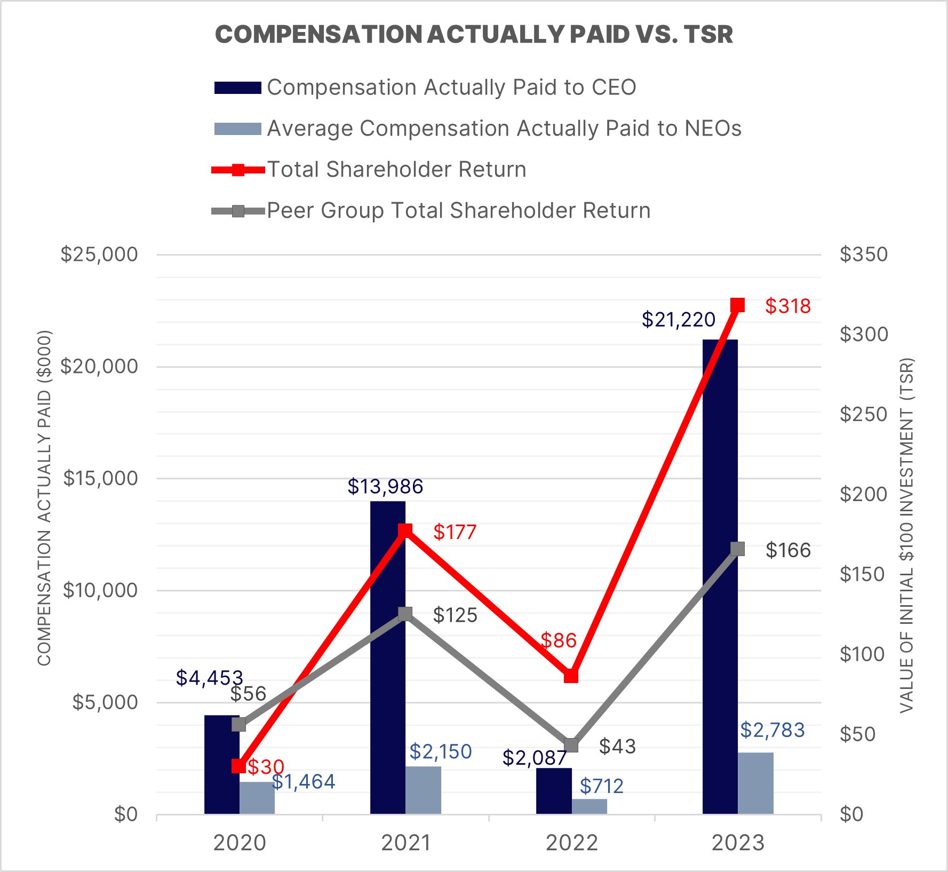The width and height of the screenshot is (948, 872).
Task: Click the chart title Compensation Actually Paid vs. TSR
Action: pyautogui.click(x=474, y=35)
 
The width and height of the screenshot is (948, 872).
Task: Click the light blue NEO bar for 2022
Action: pyautogui.click(x=589, y=806)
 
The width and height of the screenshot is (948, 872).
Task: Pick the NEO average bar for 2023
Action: pyautogui.click(x=755, y=783)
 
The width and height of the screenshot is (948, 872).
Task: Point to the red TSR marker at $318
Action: pyautogui.click(x=737, y=305)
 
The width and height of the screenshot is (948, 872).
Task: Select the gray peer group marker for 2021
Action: pyautogui.click(x=405, y=614)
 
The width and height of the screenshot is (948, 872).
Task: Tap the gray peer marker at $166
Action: pyautogui.click(x=737, y=549)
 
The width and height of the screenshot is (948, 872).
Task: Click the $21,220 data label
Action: pyautogui.click(x=678, y=320)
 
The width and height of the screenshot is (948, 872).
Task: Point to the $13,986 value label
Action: pyautogui.click(x=385, y=487)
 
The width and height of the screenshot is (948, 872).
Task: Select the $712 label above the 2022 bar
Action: pyautogui.click(x=601, y=786)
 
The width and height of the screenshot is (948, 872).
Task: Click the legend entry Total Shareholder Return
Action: pyautogui.click(x=396, y=170)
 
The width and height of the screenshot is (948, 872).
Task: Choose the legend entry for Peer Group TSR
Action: pyautogui.click(x=458, y=211)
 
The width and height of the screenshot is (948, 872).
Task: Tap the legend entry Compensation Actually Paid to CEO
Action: pyautogui.click(x=451, y=88)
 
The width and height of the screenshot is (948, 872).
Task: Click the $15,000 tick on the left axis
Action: pyautogui.click(x=100, y=479)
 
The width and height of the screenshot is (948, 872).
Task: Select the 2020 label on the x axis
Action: pyautogui.click(x=240, y=843)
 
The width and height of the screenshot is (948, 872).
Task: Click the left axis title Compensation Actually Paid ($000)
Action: pyautogui.click(x=44, y=497)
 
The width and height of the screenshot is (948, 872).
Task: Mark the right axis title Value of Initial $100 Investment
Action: pyautogui.click(x=907, y=535)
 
